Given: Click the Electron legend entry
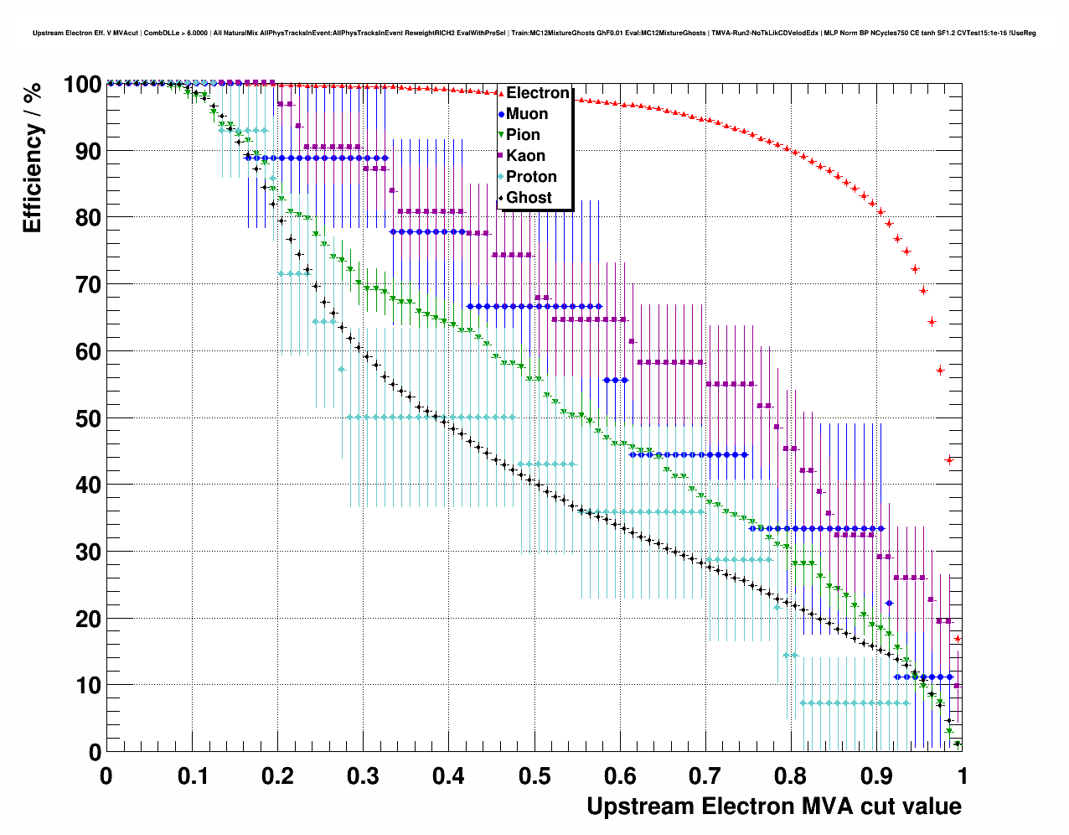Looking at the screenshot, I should point(537,93).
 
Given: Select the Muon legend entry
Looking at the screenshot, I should point(526,114).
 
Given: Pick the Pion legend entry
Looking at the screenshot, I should point(523,135).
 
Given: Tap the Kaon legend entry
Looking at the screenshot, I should point(525,156).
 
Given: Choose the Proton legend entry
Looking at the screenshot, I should point(531,177).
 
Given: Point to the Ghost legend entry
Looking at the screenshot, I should point(529,198).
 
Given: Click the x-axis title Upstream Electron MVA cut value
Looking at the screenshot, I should point(773,806).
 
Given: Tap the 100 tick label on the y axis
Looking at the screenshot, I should point(82,85).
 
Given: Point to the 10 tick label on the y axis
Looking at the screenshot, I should point(89,686).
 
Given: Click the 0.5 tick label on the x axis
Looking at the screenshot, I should point(534,776).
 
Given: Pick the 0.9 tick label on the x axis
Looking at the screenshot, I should point(876,776).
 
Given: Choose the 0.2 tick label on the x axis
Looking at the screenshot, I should point(277,776).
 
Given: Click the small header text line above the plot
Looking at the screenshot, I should point(534,33).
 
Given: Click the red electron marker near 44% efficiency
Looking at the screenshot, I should point(949,459).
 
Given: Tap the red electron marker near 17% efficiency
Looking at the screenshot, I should point(958,639).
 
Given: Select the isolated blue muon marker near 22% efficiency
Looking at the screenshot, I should point(889,604).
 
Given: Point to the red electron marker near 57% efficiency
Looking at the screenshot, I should point(941,370).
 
